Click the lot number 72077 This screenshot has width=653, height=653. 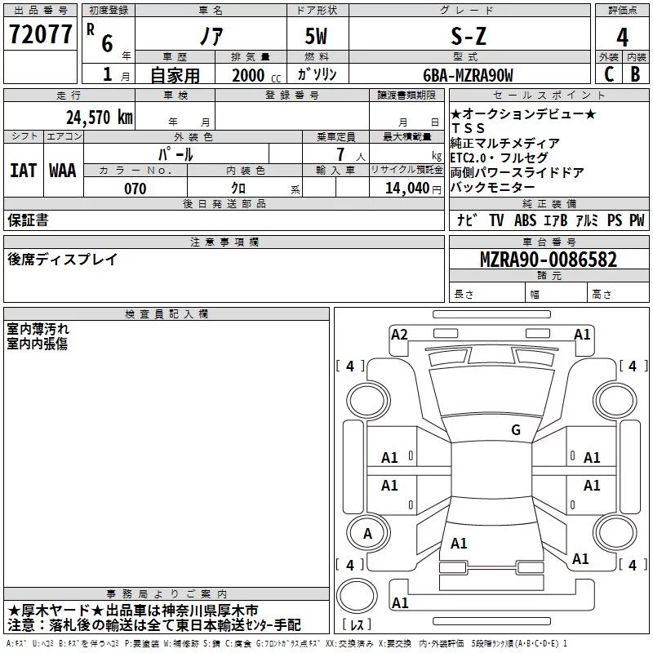click(x=39, y=35)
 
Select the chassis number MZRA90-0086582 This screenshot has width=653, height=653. click(x=549, y=260)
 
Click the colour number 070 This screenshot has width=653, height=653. click(x=135, y=189)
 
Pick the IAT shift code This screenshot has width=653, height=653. click(x=23, y=170)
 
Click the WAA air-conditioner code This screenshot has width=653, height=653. click(x=63, y=170)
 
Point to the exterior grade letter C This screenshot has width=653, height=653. click(x=608, y=74)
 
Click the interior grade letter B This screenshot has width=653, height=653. click(x=635, y=74)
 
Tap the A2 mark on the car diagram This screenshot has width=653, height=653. click(x=399, y=334)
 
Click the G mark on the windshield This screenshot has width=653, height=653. click(x=515, y=430)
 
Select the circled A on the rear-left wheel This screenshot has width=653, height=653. click(x=368, y=534)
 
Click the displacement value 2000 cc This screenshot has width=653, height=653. click(x=251, y=75)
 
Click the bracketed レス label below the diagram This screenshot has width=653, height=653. click(x=358, y=625)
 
